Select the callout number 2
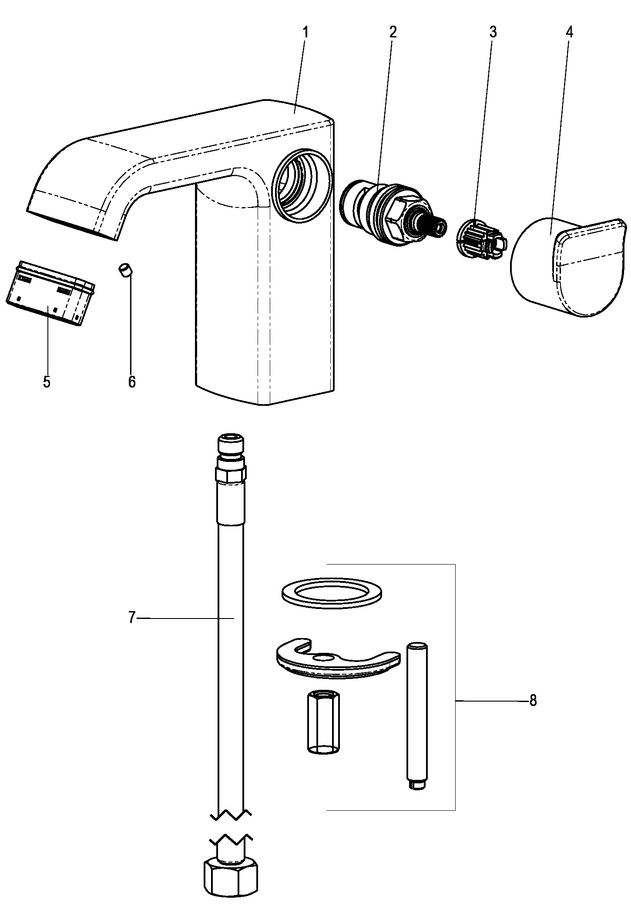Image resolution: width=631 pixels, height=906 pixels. tap(393, 32)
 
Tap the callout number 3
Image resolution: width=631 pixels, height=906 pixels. tap(493, 32)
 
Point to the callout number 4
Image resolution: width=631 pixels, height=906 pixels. tap(570, 32)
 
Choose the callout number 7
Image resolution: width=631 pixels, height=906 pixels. tap(132, 618)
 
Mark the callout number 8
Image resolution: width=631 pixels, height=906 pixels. tap(533, 701)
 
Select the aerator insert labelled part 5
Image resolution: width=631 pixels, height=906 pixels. tap(50, 293)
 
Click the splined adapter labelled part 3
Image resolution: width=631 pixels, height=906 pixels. tap(482, 241)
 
